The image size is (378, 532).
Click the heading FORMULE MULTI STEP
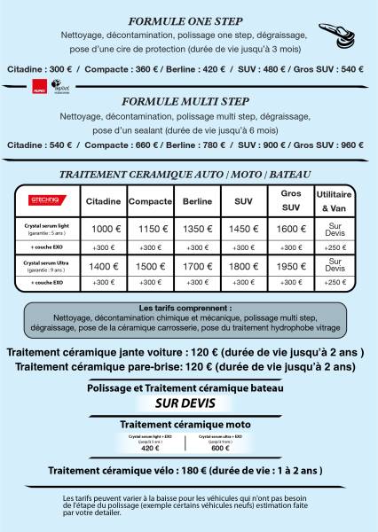point(188,101)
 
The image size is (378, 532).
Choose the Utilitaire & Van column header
point(335,201)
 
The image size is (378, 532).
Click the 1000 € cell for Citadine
point(105,229)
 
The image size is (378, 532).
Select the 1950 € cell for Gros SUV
point(291,266)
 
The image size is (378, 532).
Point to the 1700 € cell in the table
point(197,266)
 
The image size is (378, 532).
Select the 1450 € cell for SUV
point(243,229)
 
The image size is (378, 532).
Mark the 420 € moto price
point(150,448)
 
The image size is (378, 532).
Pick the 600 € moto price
point(221,448)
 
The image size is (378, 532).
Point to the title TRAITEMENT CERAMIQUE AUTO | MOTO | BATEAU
point(188,174)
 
